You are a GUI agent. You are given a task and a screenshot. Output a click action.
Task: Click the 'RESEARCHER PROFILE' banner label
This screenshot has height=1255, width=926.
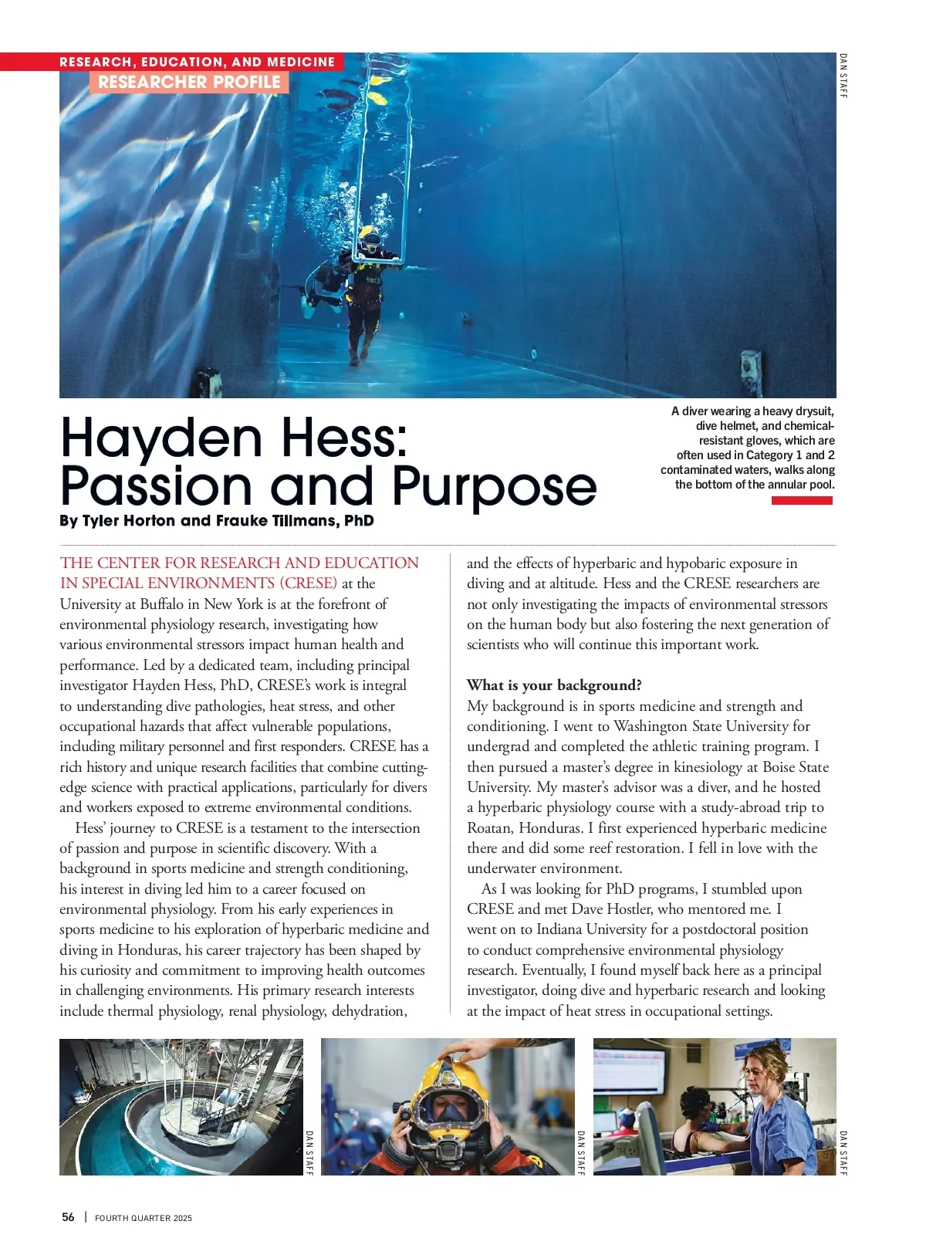click(189, 82)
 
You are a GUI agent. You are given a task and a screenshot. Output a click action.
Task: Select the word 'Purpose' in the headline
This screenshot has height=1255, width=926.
click(494, 486)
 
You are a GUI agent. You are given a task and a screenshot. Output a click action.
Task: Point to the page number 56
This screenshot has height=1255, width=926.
click(68, 1217)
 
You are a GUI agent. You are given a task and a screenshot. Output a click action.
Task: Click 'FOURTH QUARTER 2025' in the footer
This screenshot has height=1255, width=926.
click(144, 1218)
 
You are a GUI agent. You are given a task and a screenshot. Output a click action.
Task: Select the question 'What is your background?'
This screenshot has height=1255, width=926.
click(554, 685)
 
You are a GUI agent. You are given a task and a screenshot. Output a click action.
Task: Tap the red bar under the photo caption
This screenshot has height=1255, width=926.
click(802, 501)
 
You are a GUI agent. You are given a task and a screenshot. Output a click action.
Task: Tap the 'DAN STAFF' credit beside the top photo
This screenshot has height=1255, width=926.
click(843, 76)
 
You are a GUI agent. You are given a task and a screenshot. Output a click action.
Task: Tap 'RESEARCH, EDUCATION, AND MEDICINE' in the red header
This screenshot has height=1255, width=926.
click(198, 62)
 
